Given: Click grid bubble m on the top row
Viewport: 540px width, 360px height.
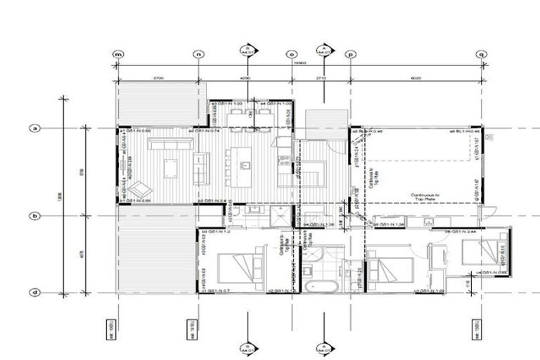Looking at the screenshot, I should [118, 54].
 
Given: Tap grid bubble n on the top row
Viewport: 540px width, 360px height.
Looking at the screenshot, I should [198, 54].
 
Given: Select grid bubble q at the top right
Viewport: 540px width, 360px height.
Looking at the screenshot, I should [482, 54].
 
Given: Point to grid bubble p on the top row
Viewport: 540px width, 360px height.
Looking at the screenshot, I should [351, 54].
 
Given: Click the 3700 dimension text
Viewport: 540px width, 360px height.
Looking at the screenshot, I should [158, 78].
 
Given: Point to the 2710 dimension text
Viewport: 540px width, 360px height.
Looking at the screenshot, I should [321, 78].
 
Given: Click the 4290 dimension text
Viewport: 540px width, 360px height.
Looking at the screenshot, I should [245, 78].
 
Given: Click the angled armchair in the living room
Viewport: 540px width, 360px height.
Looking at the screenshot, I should [139, 188].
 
